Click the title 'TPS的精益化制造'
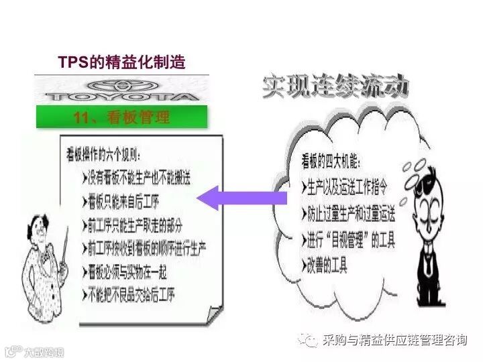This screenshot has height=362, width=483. point(121,63)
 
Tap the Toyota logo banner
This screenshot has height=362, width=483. point(121,90)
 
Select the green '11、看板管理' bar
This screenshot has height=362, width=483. point(121,118)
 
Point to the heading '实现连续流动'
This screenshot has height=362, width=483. point(335,88)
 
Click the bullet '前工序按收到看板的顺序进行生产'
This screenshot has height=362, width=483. point(145,247)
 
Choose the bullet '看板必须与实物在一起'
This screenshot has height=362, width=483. point(128,271)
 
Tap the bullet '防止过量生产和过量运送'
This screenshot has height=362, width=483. point(352,215)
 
